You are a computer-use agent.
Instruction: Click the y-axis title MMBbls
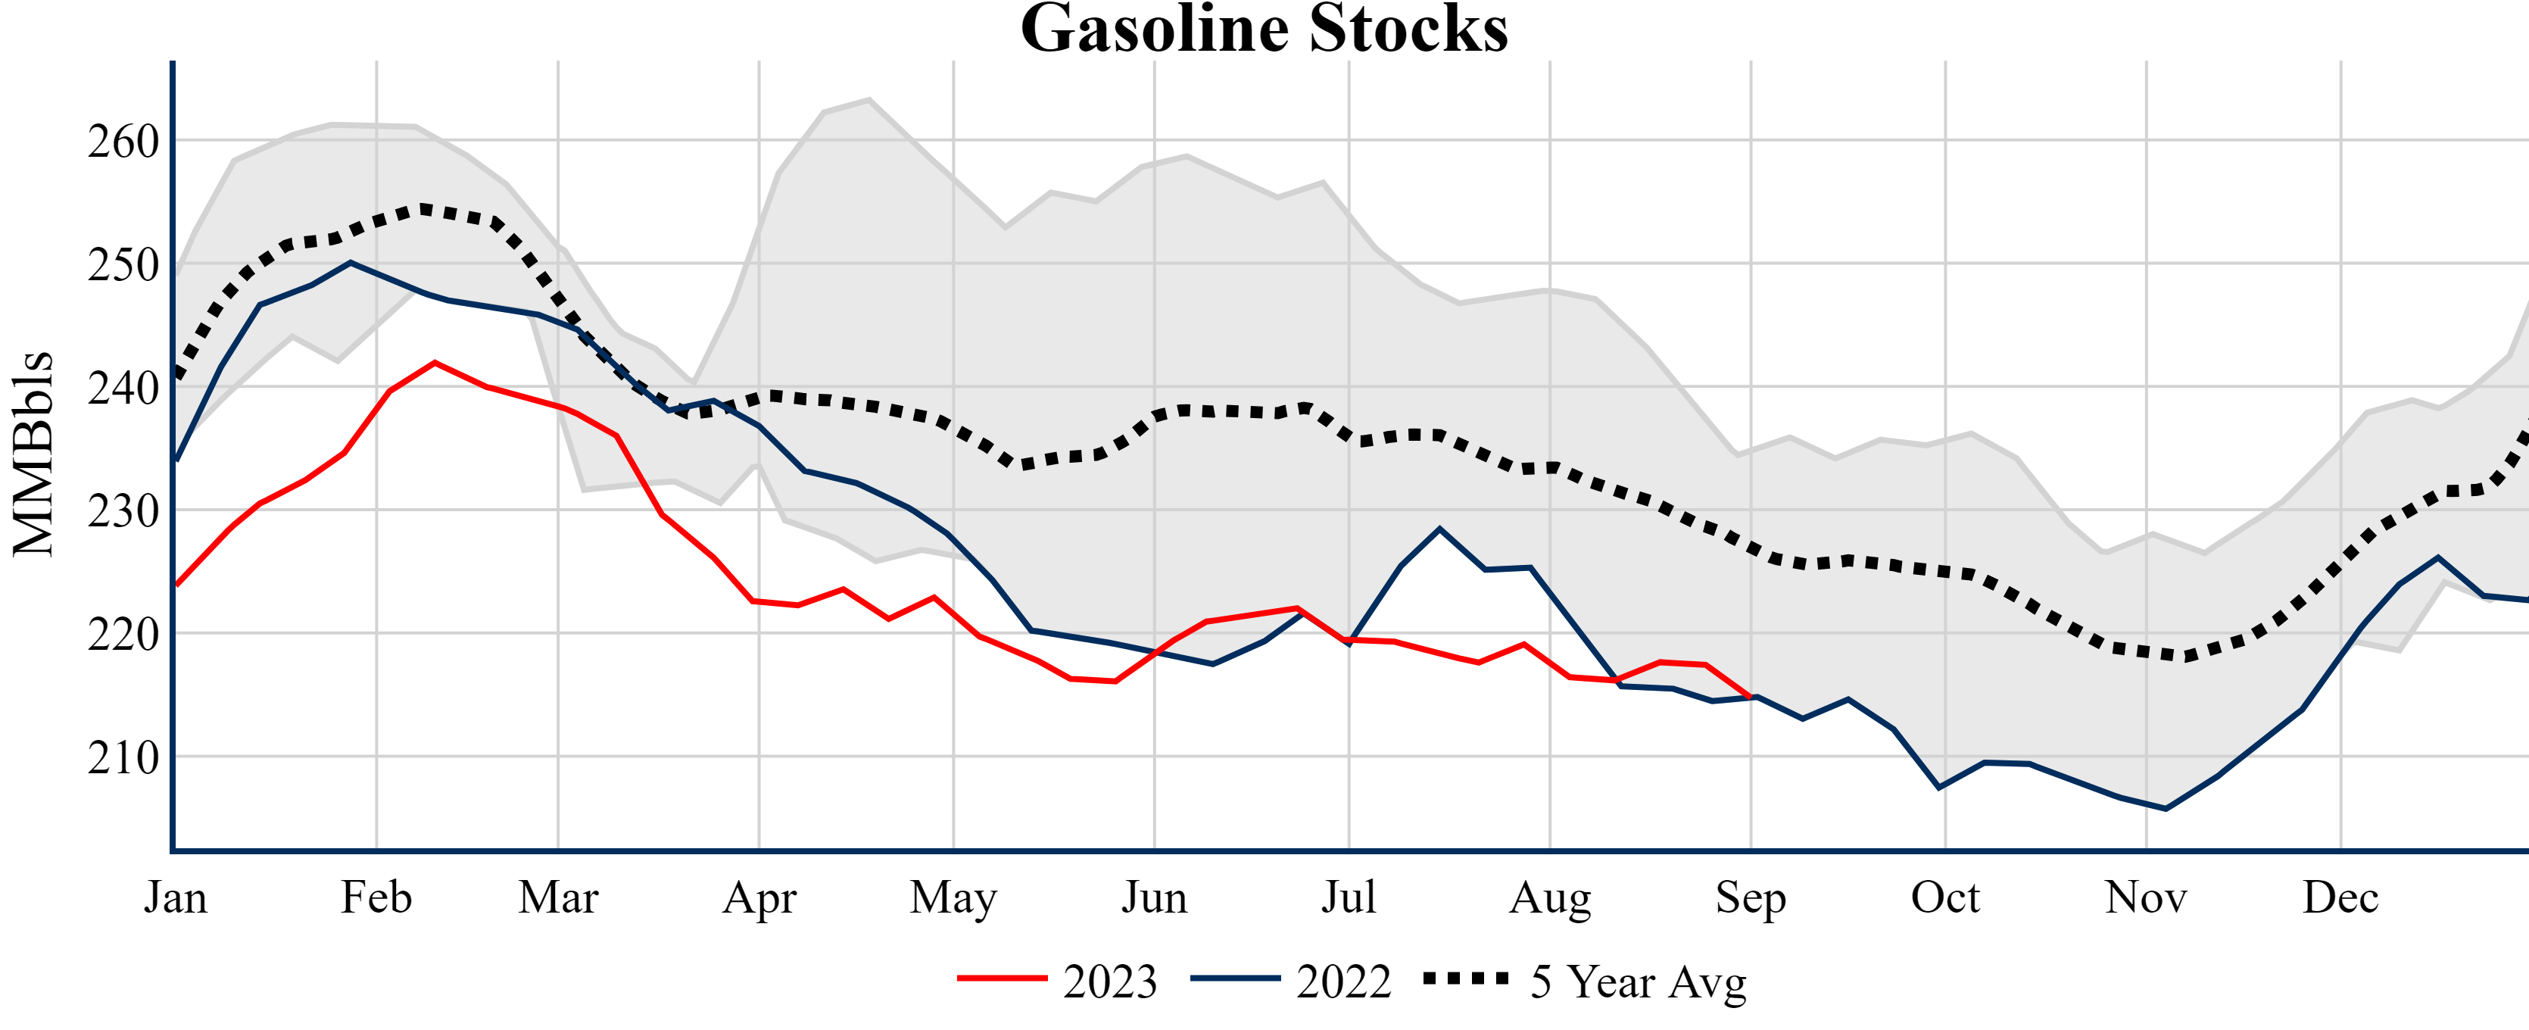[33, 454]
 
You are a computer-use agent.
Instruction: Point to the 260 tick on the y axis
[123, 142]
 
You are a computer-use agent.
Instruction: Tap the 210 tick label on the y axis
[123, 757]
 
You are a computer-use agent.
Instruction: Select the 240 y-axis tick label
[123, 388]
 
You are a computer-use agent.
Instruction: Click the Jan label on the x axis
[176, 897]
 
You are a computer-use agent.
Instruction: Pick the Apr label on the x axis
[759, 897]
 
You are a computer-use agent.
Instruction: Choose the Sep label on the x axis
[1750, 897]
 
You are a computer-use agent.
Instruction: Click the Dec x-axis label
[2340, 897]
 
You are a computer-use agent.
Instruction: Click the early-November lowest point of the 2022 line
[2166, 809]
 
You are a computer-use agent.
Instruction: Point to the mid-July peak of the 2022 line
[1439, 529]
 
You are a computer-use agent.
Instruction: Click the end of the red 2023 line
[1751, 698]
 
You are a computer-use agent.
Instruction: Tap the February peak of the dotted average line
[424, 208]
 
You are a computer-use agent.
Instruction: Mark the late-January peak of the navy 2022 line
[351, 262]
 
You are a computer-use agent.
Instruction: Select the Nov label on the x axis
[2146, 897]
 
